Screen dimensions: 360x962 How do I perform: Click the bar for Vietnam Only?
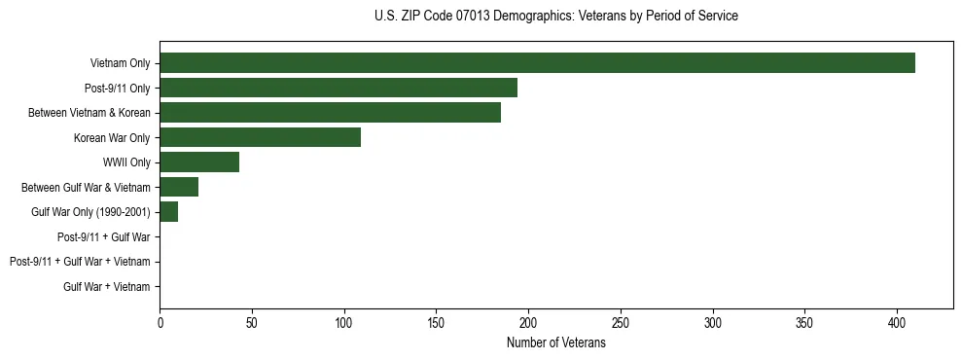537,63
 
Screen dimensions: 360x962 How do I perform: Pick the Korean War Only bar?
260,137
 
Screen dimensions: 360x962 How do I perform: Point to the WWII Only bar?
199,162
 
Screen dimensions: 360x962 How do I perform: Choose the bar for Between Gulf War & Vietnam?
179,187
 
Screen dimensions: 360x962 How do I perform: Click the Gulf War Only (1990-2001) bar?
169,212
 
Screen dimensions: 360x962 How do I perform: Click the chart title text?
555,17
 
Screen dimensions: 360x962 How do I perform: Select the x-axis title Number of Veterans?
555,343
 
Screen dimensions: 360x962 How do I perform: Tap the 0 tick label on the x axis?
160,324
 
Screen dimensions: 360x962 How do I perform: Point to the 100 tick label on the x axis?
344,324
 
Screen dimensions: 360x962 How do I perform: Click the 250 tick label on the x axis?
621,324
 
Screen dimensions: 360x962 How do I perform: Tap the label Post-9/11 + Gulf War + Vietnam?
80,262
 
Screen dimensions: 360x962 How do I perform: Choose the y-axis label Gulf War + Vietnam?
107,286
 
